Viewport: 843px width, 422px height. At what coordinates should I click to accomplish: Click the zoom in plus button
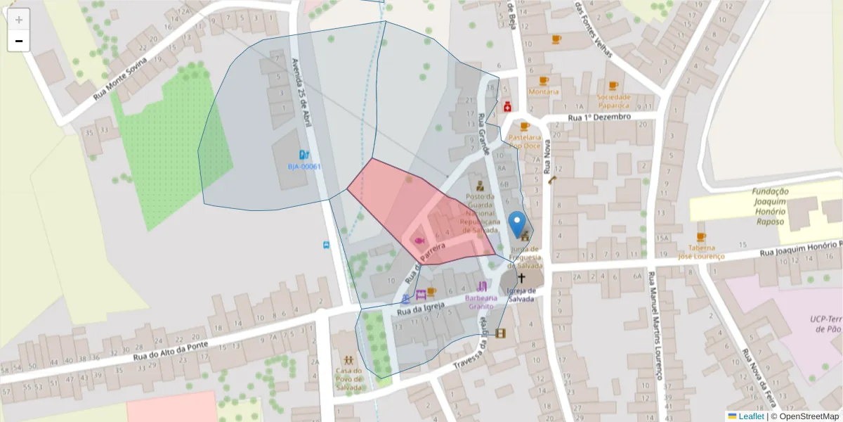[x=19, y=20]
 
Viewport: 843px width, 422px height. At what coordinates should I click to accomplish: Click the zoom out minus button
[x=19, y=41]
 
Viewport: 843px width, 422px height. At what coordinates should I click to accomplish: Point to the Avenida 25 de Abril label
[x=301, y=92]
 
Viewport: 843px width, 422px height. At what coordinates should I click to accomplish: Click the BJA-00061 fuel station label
[x=304, y=167]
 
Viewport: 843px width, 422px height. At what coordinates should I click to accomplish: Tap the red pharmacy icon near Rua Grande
[x=507, y=107]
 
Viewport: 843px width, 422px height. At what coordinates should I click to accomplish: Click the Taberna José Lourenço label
[x=700, y=252]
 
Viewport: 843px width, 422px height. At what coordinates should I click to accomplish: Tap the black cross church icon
[x=521, y=279]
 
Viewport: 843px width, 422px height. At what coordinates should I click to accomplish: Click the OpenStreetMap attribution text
[x=808, y=416]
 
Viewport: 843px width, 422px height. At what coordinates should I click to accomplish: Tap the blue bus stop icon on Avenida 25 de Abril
[x=325, y=245]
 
